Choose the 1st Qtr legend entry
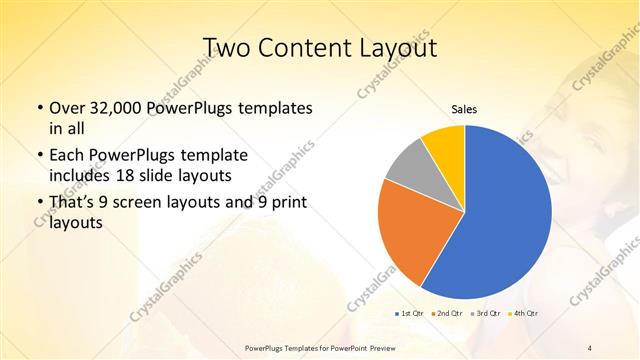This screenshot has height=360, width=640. [x=411, y=314]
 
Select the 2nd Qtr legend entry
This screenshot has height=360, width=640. [x=448, y=314]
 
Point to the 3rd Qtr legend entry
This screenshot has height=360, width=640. [x=487, y=314]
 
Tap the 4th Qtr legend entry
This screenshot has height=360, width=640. [x=525, y=314]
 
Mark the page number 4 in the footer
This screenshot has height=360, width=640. [x=590, y=347]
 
